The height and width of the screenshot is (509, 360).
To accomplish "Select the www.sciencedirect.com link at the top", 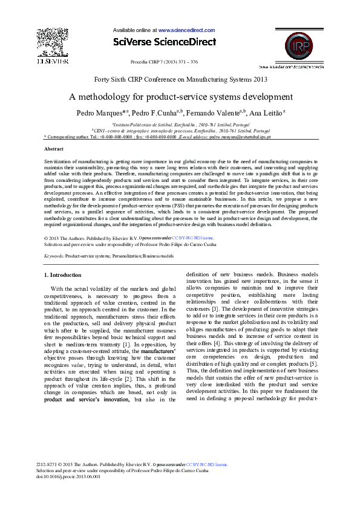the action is [186, 30].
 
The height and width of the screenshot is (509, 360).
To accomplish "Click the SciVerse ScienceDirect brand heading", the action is [164, 42].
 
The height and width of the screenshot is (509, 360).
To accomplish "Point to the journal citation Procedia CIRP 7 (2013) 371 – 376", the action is [164, 62].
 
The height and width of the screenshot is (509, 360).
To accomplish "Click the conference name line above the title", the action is [180, 79].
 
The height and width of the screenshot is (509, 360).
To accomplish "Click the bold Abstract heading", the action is [54, 149].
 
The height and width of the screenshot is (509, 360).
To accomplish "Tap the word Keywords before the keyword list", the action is [54, 256].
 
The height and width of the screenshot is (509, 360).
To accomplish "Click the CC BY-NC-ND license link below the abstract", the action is [192, 238].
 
